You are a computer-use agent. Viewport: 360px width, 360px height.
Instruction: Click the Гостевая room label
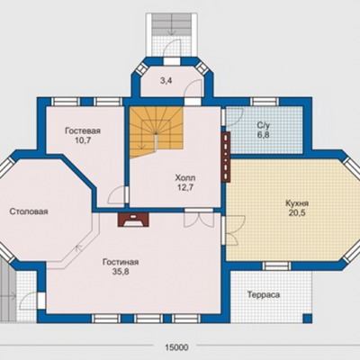[x=83, y=131]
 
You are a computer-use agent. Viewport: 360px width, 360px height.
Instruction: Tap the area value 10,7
[x=83, y=140]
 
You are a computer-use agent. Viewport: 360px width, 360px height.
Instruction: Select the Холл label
[x=185, y=178]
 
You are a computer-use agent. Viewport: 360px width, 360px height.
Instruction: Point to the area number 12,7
[x=185, y=187]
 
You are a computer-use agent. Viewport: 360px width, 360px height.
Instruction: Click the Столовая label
[x=29, y=211]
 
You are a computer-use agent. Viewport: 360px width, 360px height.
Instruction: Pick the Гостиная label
[x=121, y=262]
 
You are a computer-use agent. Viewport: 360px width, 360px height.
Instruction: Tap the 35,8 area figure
[x=121, y=272]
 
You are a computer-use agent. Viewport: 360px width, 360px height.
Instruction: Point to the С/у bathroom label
[x=263, y=125]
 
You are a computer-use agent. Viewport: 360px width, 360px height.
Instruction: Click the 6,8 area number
[x=264, y=135]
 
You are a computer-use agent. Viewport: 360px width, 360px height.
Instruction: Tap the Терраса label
[x=264, y=294]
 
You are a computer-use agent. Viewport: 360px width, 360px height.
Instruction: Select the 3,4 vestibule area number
[x=166, y=81]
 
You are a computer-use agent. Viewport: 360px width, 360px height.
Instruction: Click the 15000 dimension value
[x=176, y=347]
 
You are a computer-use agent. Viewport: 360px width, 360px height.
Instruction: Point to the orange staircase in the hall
[x=156, y=131]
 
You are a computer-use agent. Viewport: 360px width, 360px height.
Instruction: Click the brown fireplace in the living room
[x=133, y=220]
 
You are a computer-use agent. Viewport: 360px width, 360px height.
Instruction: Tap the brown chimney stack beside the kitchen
[x=226, y=157]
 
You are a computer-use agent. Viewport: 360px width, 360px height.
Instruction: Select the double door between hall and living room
[x=199, y=219]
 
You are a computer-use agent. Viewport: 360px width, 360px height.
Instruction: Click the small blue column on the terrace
[x=307, y=318]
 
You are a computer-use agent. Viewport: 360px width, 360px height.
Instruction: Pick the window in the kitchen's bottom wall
[x=277, y=265]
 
